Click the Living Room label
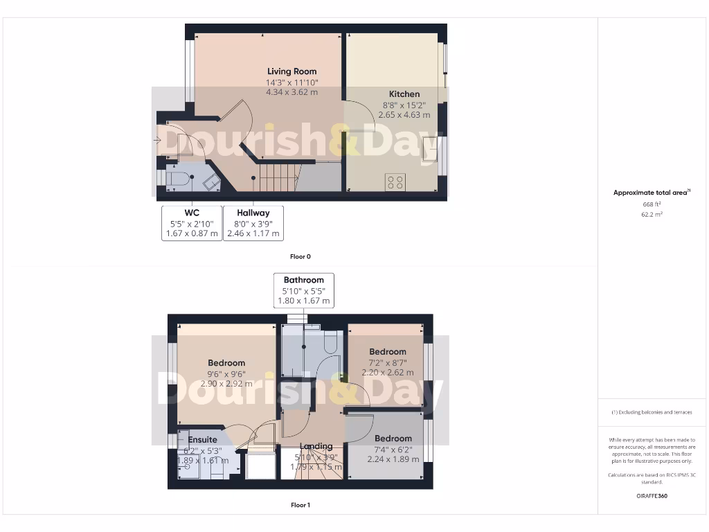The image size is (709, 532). click(291, 71)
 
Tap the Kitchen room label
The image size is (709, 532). click(404, 94)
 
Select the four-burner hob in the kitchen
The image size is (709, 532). click(395, 182)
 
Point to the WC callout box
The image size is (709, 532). click(191, 223)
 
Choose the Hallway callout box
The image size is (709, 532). click(253, 223)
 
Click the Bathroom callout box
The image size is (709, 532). click(304, 290)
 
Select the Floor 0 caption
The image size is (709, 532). click(300, 256)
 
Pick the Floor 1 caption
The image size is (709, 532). click(300, 505)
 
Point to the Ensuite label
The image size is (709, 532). click(202, 439)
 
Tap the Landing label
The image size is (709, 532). click(316, 446)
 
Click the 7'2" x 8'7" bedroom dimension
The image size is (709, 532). click(387, 362)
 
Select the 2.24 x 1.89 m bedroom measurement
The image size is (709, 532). click(393, 459)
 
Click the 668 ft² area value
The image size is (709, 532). click(651, 204)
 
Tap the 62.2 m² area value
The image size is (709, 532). click(651, 215)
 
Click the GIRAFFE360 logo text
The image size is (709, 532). click(651, 496)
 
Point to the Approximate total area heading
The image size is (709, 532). click(651, 193)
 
